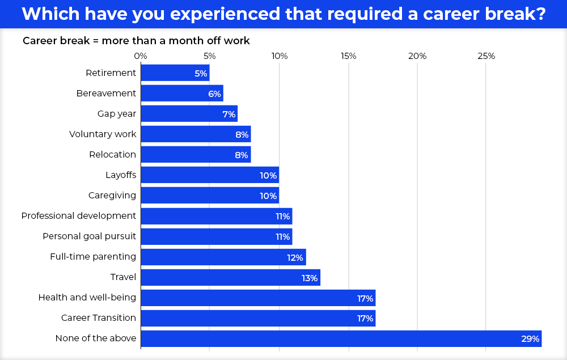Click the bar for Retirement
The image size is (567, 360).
pyautogui.click(x=175, y=73)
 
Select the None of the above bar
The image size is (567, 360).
pyautogui.click(x=341, y=338)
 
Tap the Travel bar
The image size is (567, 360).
pyautogui.click(x=230, y=277)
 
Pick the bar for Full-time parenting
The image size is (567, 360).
pyautogui.click(x=223, y=257)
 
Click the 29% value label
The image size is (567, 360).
pyautogui.click(x=530, y=339)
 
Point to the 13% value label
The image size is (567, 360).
pyautogui.click(x=310, y=278)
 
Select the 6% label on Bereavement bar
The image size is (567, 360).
pyautogui.click(x=214, y=94)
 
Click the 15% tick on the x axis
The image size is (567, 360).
pyautogui.click(x=348, y=56)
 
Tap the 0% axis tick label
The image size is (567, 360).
pyautogui.click(x=141, y=56)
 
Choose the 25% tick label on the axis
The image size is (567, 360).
pyautogui.click(x=486, y=56)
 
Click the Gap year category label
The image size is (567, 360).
pyautogui.click(x=117, y=114)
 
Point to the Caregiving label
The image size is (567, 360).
pyautogui.click(x=112, y=196)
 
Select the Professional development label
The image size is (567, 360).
pyautogui.click(x=79, y=216)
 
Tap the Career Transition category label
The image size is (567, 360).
pyautogui.click(x=99, y=318)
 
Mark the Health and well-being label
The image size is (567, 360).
pyautogui.click(x=87, y=298)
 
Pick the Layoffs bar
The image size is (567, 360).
pyautogui.click(x=209, y=175)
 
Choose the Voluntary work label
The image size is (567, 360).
pyautogui.click(x=103, y=134)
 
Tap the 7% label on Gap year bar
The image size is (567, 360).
pyautogui.click(x=229, y=114)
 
